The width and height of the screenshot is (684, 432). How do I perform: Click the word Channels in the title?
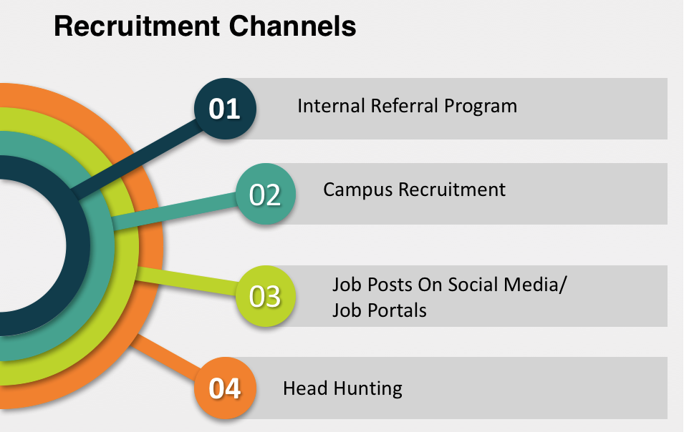(292, 26)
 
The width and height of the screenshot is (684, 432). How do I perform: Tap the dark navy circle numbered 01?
(225, 109)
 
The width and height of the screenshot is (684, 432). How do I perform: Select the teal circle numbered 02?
(266, 194)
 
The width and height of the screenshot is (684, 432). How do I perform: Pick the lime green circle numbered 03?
(266, 296)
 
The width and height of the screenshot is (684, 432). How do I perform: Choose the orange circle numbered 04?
(225, 388)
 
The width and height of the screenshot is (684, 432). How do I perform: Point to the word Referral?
(405, 106)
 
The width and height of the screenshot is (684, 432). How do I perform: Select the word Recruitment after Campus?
(452, 190)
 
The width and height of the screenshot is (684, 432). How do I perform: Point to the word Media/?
(535, 285)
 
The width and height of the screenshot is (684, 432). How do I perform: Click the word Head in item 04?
(305, 388)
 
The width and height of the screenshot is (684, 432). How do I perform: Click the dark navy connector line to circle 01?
(137, 159)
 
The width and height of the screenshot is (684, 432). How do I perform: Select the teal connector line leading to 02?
(175, 211)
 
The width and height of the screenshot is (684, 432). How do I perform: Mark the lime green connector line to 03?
(187, 281)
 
